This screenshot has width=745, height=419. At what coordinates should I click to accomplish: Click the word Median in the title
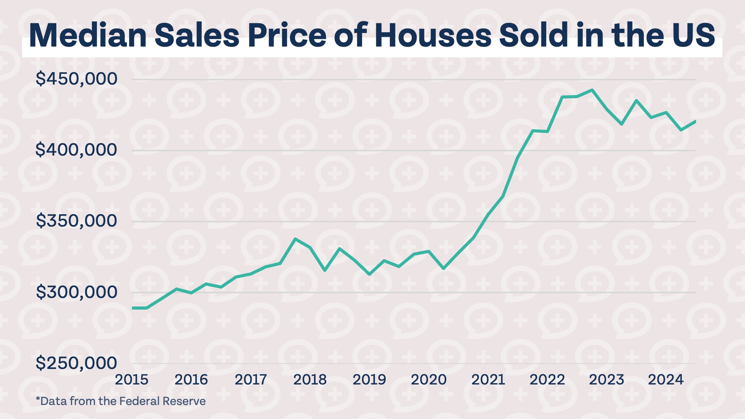(x=88, y=36)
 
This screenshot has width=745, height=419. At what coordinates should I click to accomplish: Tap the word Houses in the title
(x=433, y=36)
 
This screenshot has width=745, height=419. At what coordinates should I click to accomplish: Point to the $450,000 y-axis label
(x=76, y=79)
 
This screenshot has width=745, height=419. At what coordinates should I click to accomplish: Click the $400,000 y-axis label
(x=76, y=150)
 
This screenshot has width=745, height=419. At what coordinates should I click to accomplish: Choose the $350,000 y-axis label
(x=76, y=221)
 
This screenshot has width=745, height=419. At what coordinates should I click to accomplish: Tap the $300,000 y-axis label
(x=76, y=292)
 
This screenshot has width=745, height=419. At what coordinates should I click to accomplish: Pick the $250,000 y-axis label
(x=76, y=363)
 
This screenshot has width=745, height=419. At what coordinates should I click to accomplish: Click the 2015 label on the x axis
(x=132, y=379)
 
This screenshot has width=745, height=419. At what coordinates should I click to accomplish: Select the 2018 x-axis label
(x=310, y=379)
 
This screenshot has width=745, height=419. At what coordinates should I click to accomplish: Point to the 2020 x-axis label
(x=429, y=379)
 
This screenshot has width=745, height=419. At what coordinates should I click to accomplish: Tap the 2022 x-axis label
(x=547, y=379)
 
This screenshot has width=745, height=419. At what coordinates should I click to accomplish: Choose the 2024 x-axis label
(x=666, y=379)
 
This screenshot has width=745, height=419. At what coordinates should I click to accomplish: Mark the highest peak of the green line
(x=592, y=90)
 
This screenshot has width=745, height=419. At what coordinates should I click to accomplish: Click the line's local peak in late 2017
(x=295, y=239)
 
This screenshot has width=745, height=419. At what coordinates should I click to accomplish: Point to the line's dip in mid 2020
(x=444, y=268)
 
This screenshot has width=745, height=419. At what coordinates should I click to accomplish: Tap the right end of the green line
(x=695, y=121)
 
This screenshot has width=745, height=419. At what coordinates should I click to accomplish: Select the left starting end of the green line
(x=133, y=308)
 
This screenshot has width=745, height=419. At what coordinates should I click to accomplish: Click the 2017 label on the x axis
(x=251, y=379)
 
